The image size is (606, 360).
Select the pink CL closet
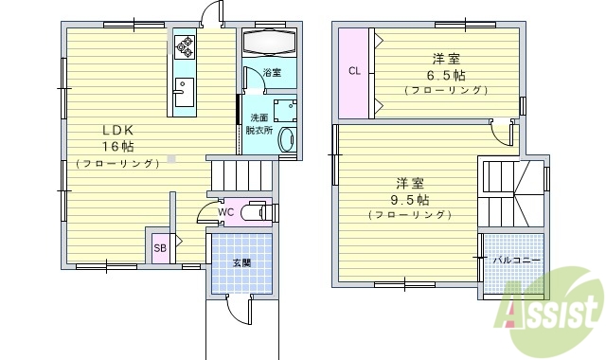pos(354,73)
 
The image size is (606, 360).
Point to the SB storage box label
pos(160,248)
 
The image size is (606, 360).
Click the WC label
pos(224,212)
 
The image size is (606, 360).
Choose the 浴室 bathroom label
pos(272,72)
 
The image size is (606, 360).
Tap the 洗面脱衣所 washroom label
pos(258,123)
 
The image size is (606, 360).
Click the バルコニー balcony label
pos(517,259)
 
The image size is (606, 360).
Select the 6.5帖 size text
pos(445,75)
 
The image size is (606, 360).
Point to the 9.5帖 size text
pos(409,200)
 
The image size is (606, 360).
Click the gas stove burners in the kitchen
pos(184,45)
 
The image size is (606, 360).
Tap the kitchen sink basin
pos(183,93)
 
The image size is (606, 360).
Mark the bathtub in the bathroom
pos(270,44)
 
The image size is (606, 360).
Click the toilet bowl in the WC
pos(255,213)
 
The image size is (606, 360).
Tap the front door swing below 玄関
pos(238,306)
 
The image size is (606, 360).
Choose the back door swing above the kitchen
pos(210,13)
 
